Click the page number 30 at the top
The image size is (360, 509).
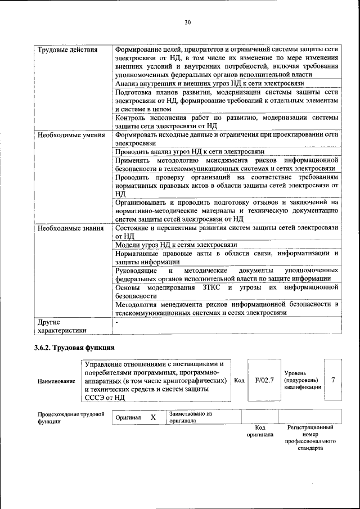pos(188,22)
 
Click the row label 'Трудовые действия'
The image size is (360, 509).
pos(67,49)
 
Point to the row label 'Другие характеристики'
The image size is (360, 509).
pos(62,327)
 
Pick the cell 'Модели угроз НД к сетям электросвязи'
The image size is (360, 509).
pos(175,245)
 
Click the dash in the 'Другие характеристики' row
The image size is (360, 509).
pos(116,323)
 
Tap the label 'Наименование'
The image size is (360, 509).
pos(56,381)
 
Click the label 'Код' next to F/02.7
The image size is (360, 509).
pos(238,381)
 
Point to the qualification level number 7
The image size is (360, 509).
pos(333,380)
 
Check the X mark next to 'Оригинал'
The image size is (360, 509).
pos(152,417)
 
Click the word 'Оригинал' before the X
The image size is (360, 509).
pos(128,418)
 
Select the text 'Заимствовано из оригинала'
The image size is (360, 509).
pos(190,417)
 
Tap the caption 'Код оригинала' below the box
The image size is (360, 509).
pos(259,431)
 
